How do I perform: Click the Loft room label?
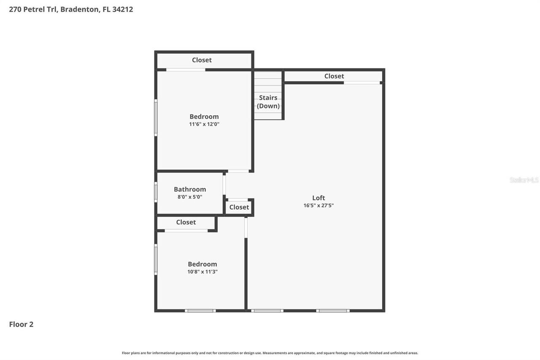319,198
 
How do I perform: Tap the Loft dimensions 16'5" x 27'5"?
319,206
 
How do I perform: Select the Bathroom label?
190,189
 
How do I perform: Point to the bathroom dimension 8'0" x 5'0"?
190,197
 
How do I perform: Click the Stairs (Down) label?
268,102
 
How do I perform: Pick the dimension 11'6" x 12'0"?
204,124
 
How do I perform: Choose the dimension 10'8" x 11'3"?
202,272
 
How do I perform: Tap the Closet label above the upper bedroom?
202,60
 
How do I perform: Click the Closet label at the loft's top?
334,76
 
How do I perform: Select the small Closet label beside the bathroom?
239,207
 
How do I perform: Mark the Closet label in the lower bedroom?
186,222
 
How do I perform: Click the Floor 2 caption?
21,324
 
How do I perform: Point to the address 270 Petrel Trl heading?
71,9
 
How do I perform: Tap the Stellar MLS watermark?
524,180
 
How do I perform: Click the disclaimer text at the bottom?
270,353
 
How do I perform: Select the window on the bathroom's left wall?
156,192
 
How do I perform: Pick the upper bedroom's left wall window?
156,118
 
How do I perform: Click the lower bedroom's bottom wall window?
200,311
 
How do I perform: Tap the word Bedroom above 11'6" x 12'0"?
204,116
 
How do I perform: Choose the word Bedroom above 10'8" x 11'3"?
202,264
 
